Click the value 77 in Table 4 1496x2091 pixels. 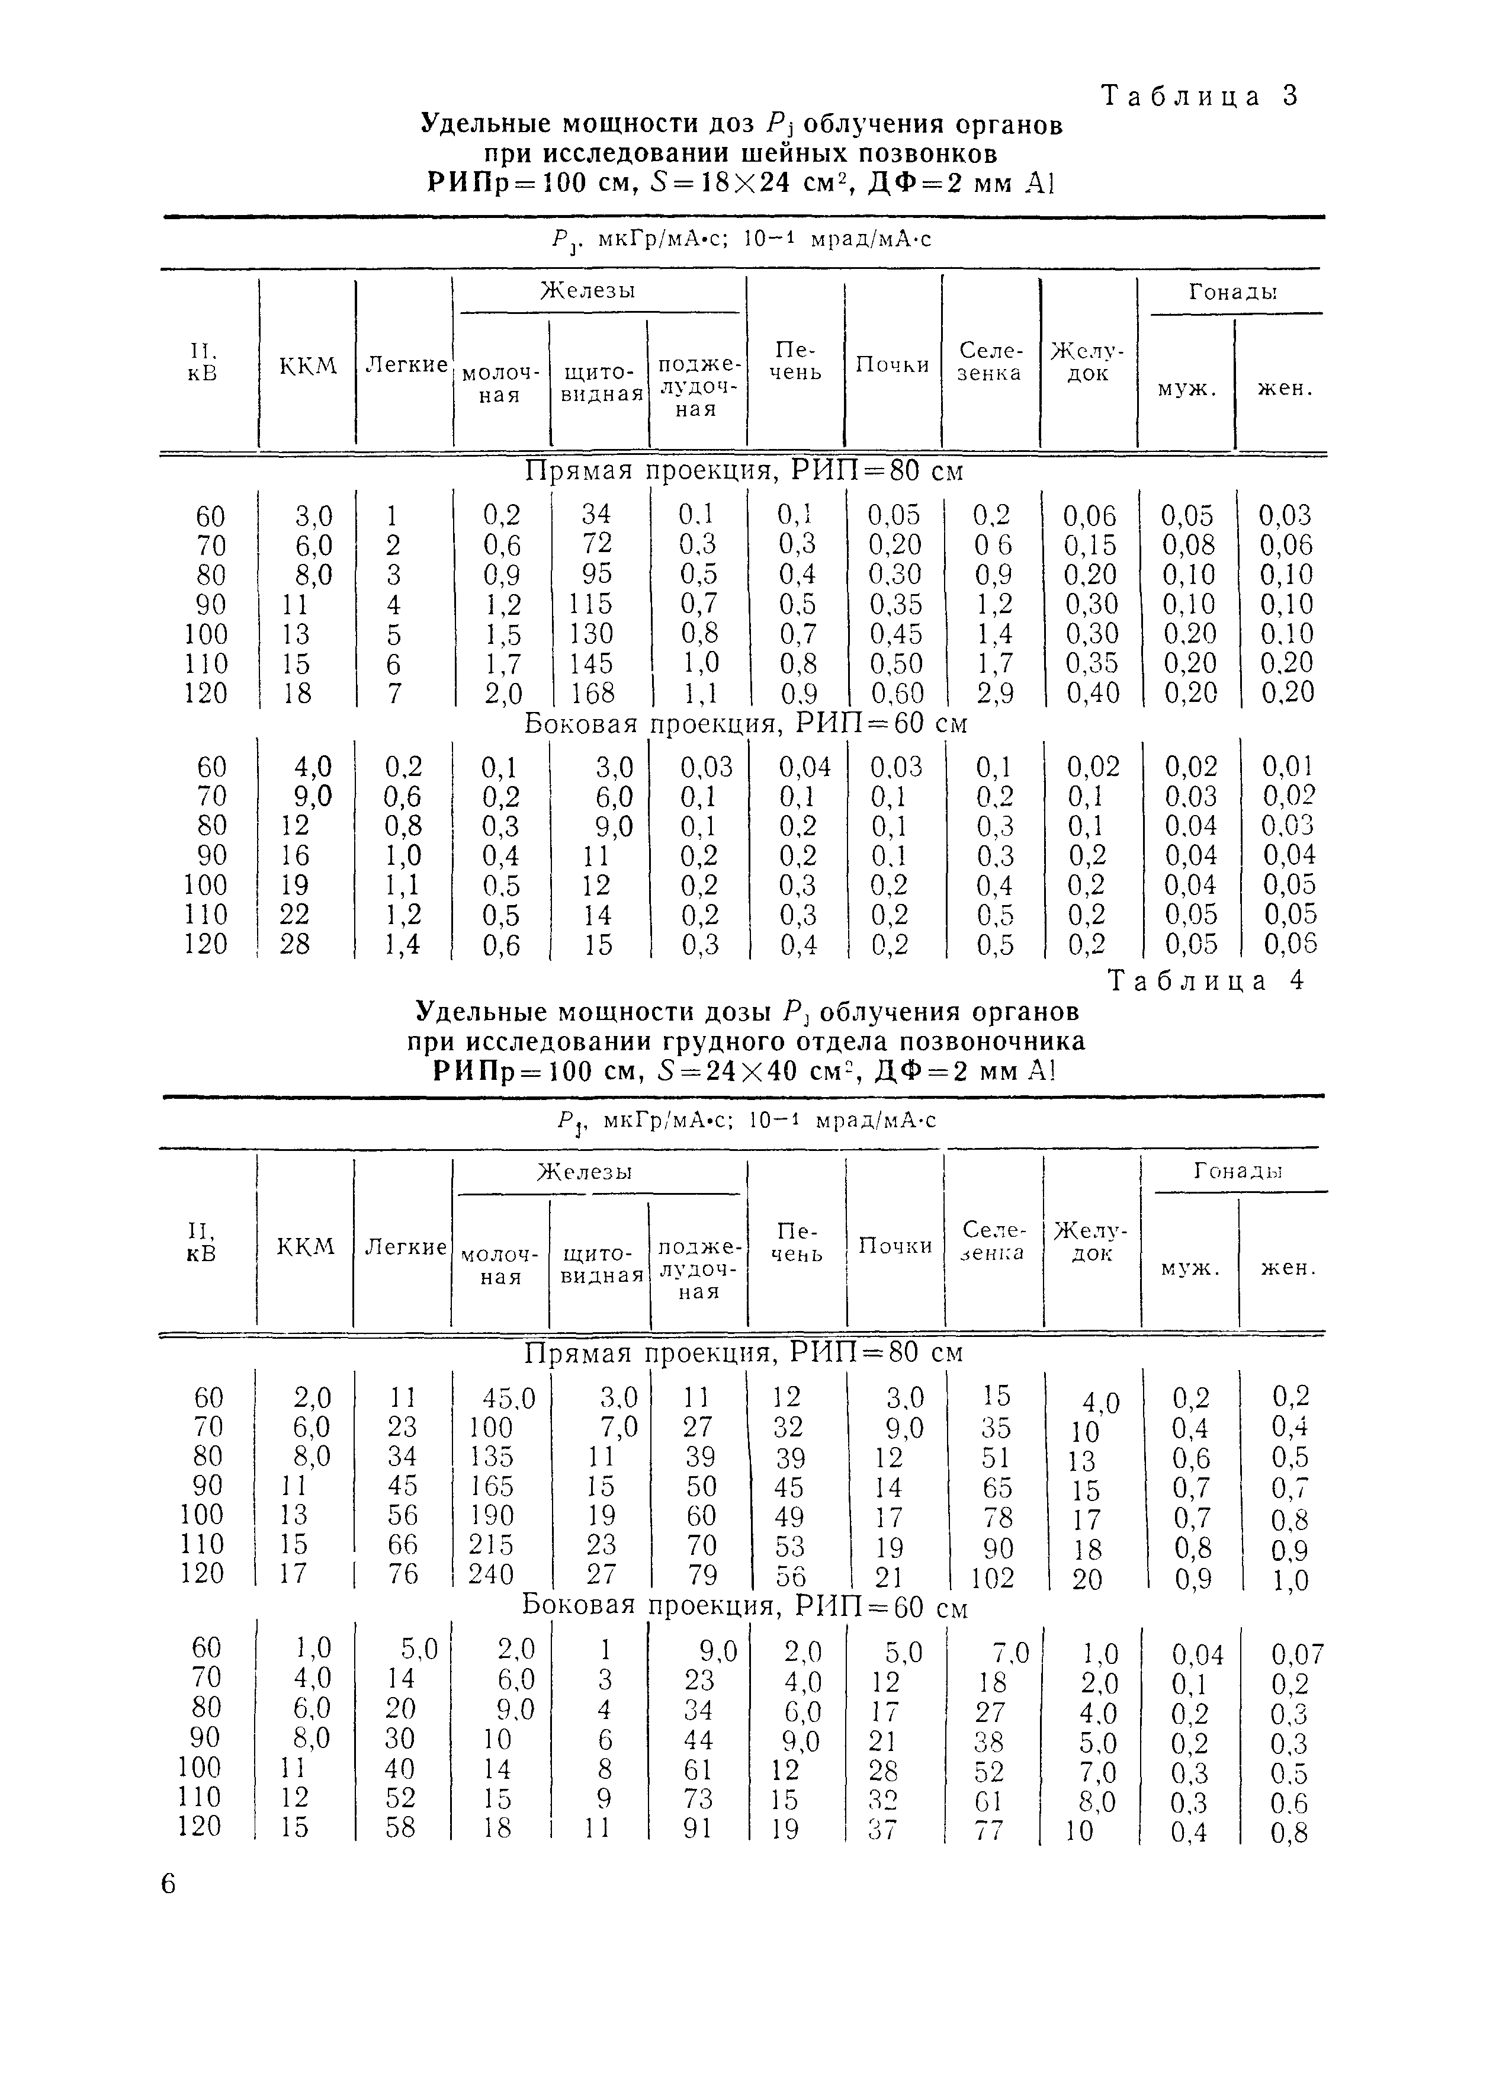click(990, 1829)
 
